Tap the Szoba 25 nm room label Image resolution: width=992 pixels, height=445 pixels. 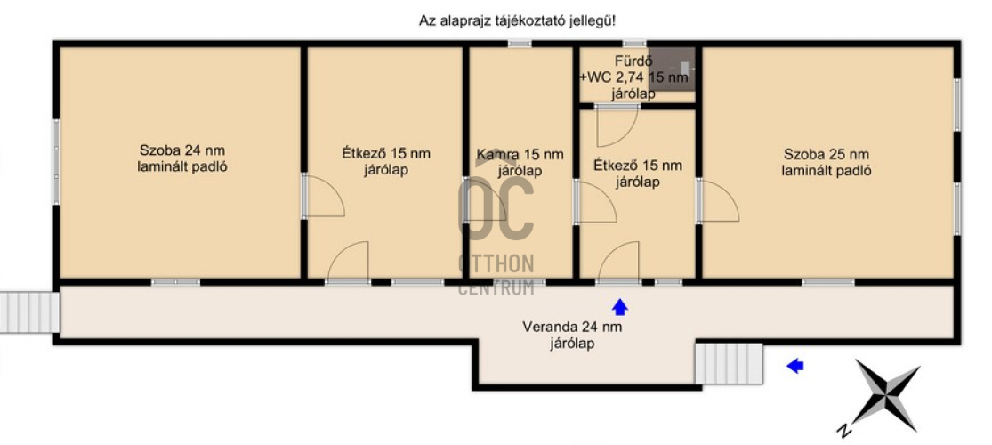click(826, 162)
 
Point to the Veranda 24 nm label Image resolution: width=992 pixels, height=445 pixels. click(571, 335)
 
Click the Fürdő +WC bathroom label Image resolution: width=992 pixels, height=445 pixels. click(633, 77)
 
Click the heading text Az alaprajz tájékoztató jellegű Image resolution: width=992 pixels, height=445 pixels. click(517, 20)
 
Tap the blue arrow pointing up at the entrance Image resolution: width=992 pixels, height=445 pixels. click(620, 307)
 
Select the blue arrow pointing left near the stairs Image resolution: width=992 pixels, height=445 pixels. click(794, 365)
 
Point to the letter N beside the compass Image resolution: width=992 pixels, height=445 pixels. click(842, 431)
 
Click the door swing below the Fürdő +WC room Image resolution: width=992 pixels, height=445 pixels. click(617, 125)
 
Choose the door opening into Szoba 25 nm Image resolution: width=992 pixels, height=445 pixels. click(718, 201)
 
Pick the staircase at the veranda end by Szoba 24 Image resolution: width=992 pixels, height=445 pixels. click(28, 311)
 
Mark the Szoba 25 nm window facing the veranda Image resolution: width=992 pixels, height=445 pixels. click(827, 282)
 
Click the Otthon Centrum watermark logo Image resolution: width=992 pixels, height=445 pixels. click(496, 236)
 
